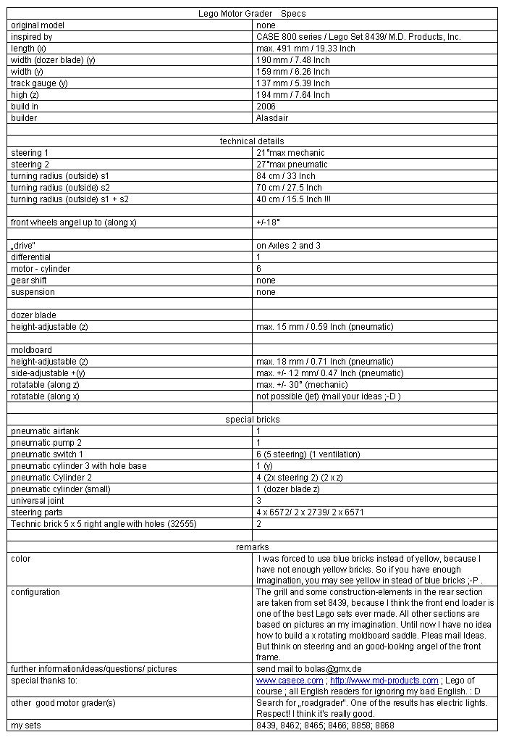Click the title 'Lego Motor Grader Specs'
click(252, 14)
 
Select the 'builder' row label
click(24, 118)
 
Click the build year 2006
click(266, 107)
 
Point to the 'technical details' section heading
click(252, 141)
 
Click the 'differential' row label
click(31, 257)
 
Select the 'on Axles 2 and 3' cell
click(288, 246)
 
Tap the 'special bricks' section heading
click(252, 420)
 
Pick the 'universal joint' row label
click(37, 501)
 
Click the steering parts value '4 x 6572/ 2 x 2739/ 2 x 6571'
click(310, 512)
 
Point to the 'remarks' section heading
click(252, 547)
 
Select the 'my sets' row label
click(25, 726)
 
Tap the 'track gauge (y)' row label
click(39, 83)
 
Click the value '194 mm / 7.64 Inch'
click(292, 95)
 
